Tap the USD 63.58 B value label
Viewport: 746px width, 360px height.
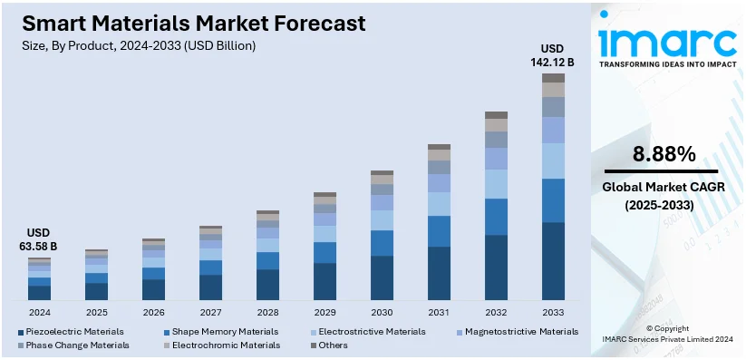pos(39,239)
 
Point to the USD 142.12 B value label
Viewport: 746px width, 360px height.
pos(553,55)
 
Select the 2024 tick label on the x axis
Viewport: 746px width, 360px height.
pos(39,312)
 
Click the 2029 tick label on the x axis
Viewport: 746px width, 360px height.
pos(325,312)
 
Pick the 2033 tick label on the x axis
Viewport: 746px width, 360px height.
pos(553,312)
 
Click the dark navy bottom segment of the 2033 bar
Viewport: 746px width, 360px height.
pos(553,261)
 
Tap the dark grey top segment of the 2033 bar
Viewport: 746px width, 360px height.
pos(553,78)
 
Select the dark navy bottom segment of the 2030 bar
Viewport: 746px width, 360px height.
pos(382,277)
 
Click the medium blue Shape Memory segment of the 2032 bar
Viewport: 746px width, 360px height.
pos(496,217)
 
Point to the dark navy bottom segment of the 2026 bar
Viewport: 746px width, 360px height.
pos(153,289)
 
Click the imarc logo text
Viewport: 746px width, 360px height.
pos(667,41)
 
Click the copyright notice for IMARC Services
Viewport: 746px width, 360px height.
pos(667,333)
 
